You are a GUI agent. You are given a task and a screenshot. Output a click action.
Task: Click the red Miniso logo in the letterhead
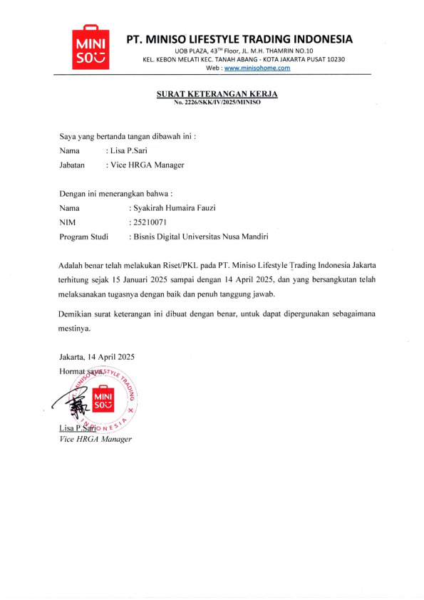coord(91,49)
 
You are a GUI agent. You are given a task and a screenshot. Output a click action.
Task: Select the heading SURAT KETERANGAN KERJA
coord(217,94)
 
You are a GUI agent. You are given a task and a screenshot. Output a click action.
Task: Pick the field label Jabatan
coord(73,165)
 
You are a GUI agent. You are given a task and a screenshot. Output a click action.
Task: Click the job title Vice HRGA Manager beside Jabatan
coord(146,165)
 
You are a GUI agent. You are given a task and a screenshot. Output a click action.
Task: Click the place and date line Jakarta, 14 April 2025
coord(97,356)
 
